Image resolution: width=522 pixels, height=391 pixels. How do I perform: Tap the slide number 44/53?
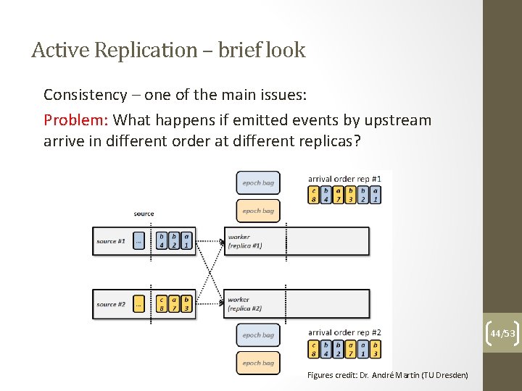coord(502,334)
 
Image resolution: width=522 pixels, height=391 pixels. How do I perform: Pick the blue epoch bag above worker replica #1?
coord(258,182)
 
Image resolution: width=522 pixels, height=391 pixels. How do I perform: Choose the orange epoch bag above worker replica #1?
coord(258,211)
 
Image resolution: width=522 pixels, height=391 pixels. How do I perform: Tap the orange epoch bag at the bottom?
coord(258,363)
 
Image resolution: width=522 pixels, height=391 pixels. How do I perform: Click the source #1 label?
coord(111,241)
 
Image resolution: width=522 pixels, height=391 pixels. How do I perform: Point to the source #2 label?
coord(111,304)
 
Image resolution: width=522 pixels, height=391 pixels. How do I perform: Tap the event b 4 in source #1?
coord(162,241)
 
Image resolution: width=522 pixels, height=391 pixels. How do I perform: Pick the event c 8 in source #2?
coord(162,304)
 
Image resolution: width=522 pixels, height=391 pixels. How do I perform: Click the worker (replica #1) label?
coord(244,241)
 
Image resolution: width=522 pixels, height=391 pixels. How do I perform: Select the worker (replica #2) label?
coord(244,304)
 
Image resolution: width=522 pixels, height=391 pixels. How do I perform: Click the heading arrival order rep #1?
coord(344,178)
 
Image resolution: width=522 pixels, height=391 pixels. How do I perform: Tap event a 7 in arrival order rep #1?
coord(339,195)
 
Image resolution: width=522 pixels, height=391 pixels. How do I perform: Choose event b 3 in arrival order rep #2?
coord(376,349)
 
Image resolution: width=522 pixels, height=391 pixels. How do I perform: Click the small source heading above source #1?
coord(144,214)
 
